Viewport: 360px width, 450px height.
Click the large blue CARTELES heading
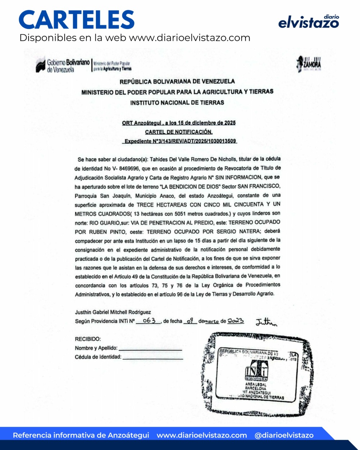[77, 20]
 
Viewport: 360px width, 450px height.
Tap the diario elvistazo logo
[309, 22]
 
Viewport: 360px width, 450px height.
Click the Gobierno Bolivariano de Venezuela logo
[63, 65]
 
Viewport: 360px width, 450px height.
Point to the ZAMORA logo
[309, 64]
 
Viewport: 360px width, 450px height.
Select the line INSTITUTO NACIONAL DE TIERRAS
[177, 103]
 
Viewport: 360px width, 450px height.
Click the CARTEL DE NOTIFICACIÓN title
[179, 132]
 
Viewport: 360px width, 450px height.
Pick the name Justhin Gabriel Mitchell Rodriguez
[113, 312]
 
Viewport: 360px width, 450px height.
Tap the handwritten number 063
[149, 321]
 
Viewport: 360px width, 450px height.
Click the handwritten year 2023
[236, 321]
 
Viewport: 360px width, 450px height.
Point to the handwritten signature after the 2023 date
[266, 322]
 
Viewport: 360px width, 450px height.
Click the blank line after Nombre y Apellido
[150, 349]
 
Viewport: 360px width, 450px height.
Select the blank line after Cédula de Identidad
[152, 358]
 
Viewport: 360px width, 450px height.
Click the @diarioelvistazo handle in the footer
[284, 435]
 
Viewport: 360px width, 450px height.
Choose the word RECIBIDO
[88, 339]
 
